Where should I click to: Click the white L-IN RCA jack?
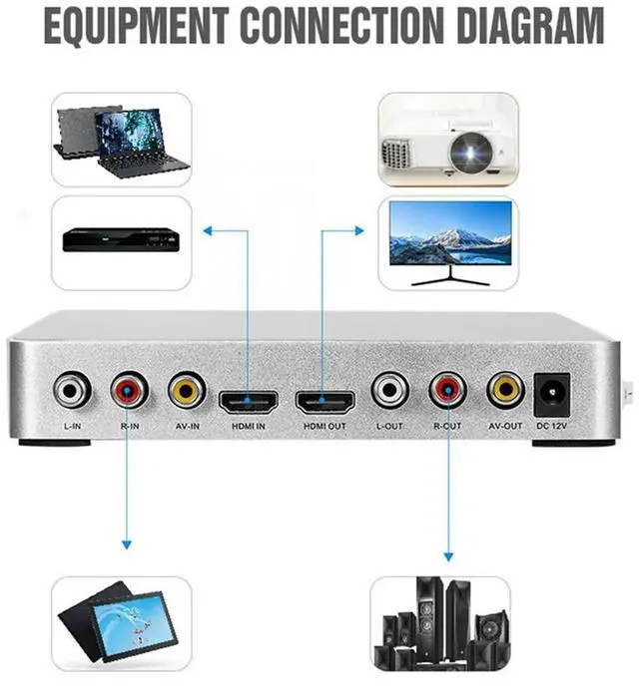(73, 390)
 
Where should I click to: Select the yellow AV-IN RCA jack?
(187, 390)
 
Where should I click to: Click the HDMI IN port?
(250, 402)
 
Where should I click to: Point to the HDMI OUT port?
(324, 402)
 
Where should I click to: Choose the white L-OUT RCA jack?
(390, 390)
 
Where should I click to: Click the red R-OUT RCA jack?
(447, 390)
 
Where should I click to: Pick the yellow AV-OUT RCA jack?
(506, 390)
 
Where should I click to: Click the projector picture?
(447, 140)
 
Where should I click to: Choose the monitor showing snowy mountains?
(448, 240)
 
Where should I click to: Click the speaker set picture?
(440, 624)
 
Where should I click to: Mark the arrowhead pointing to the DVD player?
(209, 230)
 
